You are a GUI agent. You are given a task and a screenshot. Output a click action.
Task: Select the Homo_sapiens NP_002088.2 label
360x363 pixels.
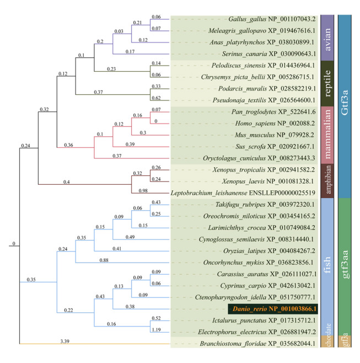pyautogui.click(x=275, y=124)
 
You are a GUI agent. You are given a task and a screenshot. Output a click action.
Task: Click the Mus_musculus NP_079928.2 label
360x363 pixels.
pyautogui.click(x=275, y=135)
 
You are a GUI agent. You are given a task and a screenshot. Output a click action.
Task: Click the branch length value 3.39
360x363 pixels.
pyautogui.click(x=65, y=341)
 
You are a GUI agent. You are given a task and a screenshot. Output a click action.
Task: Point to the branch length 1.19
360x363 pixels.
pyautogui.click(x=156, y=330)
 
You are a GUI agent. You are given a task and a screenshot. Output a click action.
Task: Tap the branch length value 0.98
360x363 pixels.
pyautogui.click(x=143, y=190)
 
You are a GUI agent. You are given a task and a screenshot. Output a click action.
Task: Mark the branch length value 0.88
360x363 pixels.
pyautogui.click(x=104, y=260)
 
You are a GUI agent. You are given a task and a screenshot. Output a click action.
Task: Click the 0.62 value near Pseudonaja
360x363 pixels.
pyautogui.click(x=156, y=98)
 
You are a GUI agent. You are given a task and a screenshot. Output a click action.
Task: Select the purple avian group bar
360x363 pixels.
pyautogui.click(x=327, y=38)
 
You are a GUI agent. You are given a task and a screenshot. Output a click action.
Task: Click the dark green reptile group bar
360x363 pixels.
pyautogui.click(x=327, y=83)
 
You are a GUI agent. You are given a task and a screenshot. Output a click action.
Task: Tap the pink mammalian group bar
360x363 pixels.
pyautogui.click(x=327, y=135)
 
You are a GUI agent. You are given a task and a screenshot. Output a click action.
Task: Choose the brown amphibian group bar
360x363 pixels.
pyautogui.click(x=327, y=181)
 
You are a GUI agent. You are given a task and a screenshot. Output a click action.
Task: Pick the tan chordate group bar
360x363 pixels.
pyautogui.click(x=327, y=341)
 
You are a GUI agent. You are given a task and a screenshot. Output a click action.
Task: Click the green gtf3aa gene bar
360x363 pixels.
pyautogui.click(x=345, y=266)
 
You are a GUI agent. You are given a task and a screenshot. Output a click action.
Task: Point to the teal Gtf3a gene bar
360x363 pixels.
pyautogui.click(x=345, y=106)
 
